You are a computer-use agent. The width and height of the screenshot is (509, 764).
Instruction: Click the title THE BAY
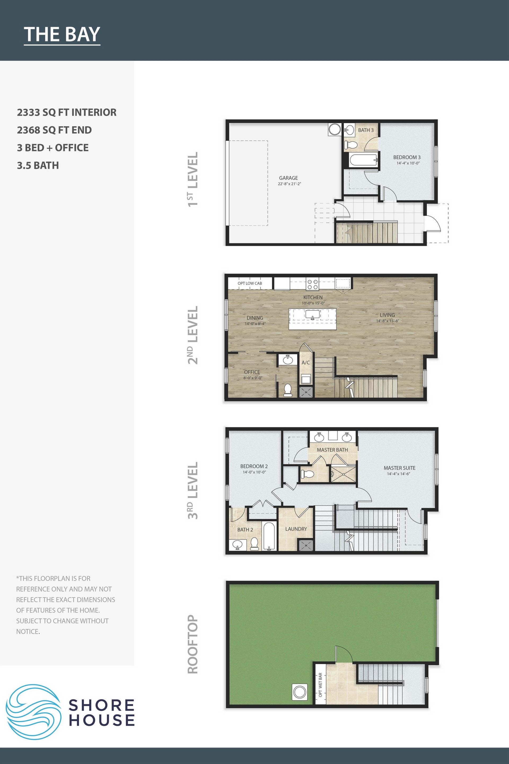click(x=62, y=34)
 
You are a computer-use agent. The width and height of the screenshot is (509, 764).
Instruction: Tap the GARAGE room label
click(x=288, y=178)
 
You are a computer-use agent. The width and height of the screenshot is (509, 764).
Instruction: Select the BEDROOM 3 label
click(x=407, y=157)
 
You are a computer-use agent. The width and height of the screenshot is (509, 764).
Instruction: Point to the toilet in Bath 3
click(x=350, y=145)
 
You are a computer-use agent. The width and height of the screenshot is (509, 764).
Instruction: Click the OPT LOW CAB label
click(x=250, y=283)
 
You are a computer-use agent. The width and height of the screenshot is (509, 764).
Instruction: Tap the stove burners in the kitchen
click(x=313, y=284)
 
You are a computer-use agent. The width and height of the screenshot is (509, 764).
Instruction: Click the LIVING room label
click(x=387, y=315)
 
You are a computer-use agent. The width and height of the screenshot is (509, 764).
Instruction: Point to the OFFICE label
click(x=252, y=372)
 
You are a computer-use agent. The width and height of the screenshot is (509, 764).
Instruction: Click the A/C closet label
click(x=306, y=363)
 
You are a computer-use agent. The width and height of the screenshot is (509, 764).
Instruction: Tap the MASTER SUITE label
click(x=399, y=468)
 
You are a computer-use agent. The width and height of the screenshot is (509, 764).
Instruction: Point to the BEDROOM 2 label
click(x=254, y=466)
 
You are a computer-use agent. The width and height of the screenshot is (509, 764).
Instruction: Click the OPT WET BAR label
click(x=321, y=685)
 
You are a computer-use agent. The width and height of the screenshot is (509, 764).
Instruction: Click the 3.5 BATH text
click(x=38, y=165)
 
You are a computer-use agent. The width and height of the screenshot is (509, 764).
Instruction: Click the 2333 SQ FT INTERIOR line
click(x=67, y=112)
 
